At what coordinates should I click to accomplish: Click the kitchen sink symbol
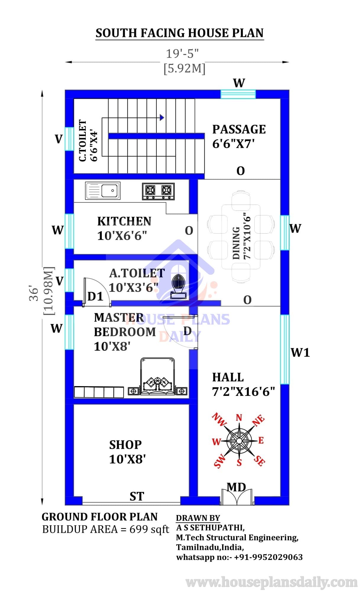pos(103,191)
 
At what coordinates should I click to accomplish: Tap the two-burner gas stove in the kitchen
pos(158,191)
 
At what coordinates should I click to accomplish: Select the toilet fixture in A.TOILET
pos(178,286)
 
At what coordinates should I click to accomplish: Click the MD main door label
pos(236,488)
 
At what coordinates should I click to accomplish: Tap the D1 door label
pos(95,296)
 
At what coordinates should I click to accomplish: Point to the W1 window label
pos(300,352)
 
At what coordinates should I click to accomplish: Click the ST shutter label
pos(137,496)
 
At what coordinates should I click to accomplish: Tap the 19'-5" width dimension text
pos(182,54)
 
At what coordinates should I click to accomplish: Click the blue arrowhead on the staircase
pos(162,117)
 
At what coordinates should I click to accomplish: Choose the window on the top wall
pos(238,94)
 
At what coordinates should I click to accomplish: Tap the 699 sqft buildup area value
pos(149,529)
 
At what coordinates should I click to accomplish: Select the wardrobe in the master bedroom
pos(99,392)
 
